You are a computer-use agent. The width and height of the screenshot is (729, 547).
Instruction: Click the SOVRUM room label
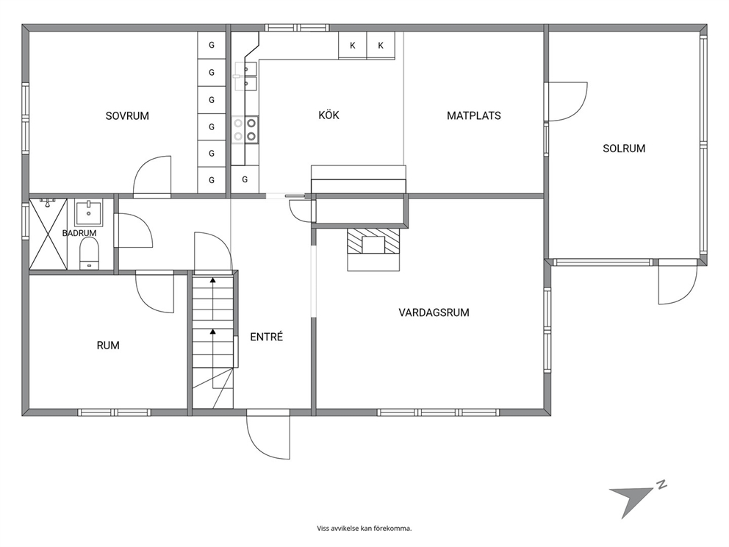tap(127, 116)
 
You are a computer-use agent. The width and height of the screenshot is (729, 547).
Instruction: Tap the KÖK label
tap(328, 115)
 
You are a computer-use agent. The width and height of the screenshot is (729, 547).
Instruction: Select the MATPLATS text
tap(474, 116)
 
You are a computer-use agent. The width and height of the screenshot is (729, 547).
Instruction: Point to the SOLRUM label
tap(624, 149)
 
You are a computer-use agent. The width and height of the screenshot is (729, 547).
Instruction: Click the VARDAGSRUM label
tap(434, 312)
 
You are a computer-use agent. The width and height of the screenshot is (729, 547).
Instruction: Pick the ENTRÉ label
tap(267, 336)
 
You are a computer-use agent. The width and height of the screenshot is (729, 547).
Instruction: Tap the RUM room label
tap(108, 345)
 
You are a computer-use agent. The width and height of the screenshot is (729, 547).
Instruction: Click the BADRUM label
tap(79, 233)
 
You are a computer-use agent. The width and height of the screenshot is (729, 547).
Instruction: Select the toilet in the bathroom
tap(89, 254)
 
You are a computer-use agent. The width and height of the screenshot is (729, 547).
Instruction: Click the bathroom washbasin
tap(89, 213)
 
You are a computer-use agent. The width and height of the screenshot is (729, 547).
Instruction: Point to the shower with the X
tap(49, 234)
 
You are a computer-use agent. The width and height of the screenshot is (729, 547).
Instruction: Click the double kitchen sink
tap(245, 76)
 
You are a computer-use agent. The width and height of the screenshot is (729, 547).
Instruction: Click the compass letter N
tap(661, 485)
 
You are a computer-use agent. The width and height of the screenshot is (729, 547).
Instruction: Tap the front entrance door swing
tap(267, 435)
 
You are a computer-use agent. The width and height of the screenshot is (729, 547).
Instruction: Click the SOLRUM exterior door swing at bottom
tap(678, 285)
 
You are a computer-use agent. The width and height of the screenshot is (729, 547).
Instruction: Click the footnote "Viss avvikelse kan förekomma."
tap(364, 529)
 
